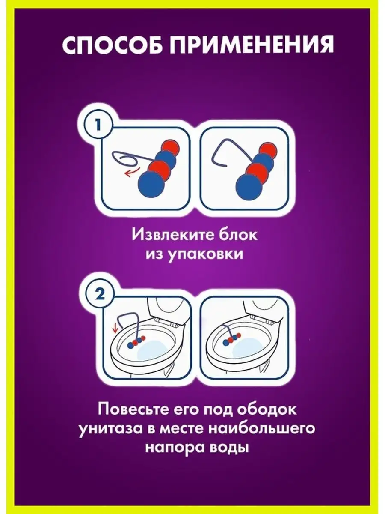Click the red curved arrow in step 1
(132, 172)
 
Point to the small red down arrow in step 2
(115, 329)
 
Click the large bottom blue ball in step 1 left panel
(151, 185)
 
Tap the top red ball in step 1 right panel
(268, 149)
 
